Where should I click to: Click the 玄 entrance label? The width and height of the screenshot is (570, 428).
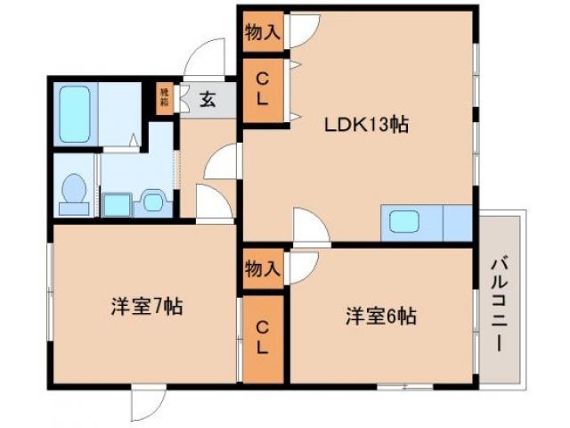pyautogui.click(x=207, y=100)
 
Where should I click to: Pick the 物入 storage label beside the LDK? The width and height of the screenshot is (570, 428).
pyautogui.click(x=263, y=34)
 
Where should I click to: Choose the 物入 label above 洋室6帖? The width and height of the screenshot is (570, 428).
pyautogui.click(x=263, y=267)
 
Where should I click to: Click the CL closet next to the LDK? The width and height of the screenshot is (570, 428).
pyautogui.click(x=263, y=89)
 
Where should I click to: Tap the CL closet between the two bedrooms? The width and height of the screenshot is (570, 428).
pyautogui.click(x=263, y=338)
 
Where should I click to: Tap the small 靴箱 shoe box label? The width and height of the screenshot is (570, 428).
pyautogui.click(x=164, y=96)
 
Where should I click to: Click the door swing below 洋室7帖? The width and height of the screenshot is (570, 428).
pyautogui.click(x=147, y=403)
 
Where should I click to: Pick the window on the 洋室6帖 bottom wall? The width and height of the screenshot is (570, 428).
pyautogui.click(x=404, y=386)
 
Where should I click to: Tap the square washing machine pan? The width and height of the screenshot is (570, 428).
pyautogui.click(x=116, y=203)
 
